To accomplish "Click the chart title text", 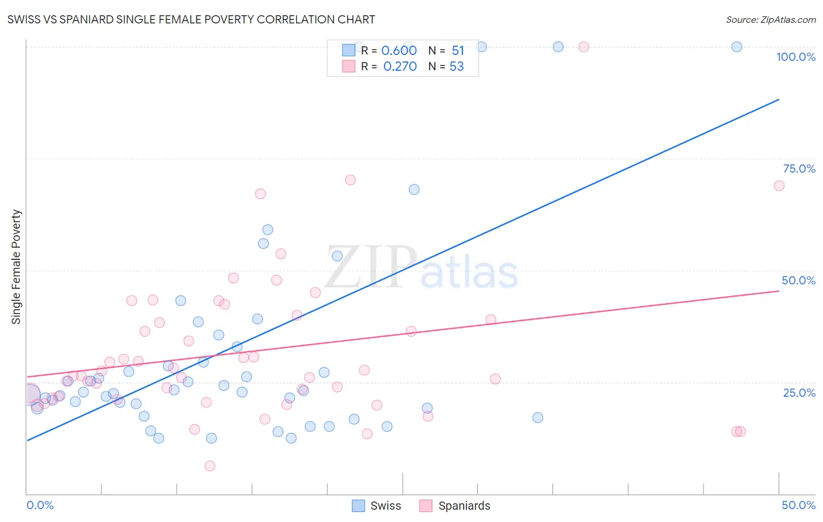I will click(191, 19).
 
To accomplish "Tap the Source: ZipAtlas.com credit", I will click(770, 19).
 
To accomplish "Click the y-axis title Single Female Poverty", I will click(16, 267).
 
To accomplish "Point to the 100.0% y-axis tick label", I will click(795, 57).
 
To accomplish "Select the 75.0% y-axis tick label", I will click(799, 169).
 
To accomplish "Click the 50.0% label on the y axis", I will click(798, 280).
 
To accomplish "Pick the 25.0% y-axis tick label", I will click(799, 392).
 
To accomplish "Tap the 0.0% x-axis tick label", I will click(40, 505).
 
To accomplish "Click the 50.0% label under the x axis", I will click(798, 505).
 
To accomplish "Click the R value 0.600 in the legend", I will click(399, 51).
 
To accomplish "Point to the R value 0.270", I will click(400, 67).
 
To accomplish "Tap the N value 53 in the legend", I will click(457, 67).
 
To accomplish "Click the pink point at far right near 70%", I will click(779, 186).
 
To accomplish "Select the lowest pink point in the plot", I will click(210, 466).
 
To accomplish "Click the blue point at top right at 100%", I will click(737, 47).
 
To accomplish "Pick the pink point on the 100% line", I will click(584, 47).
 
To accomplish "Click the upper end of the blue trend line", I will click(779, 99).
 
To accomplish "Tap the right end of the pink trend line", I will click(779, 290).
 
